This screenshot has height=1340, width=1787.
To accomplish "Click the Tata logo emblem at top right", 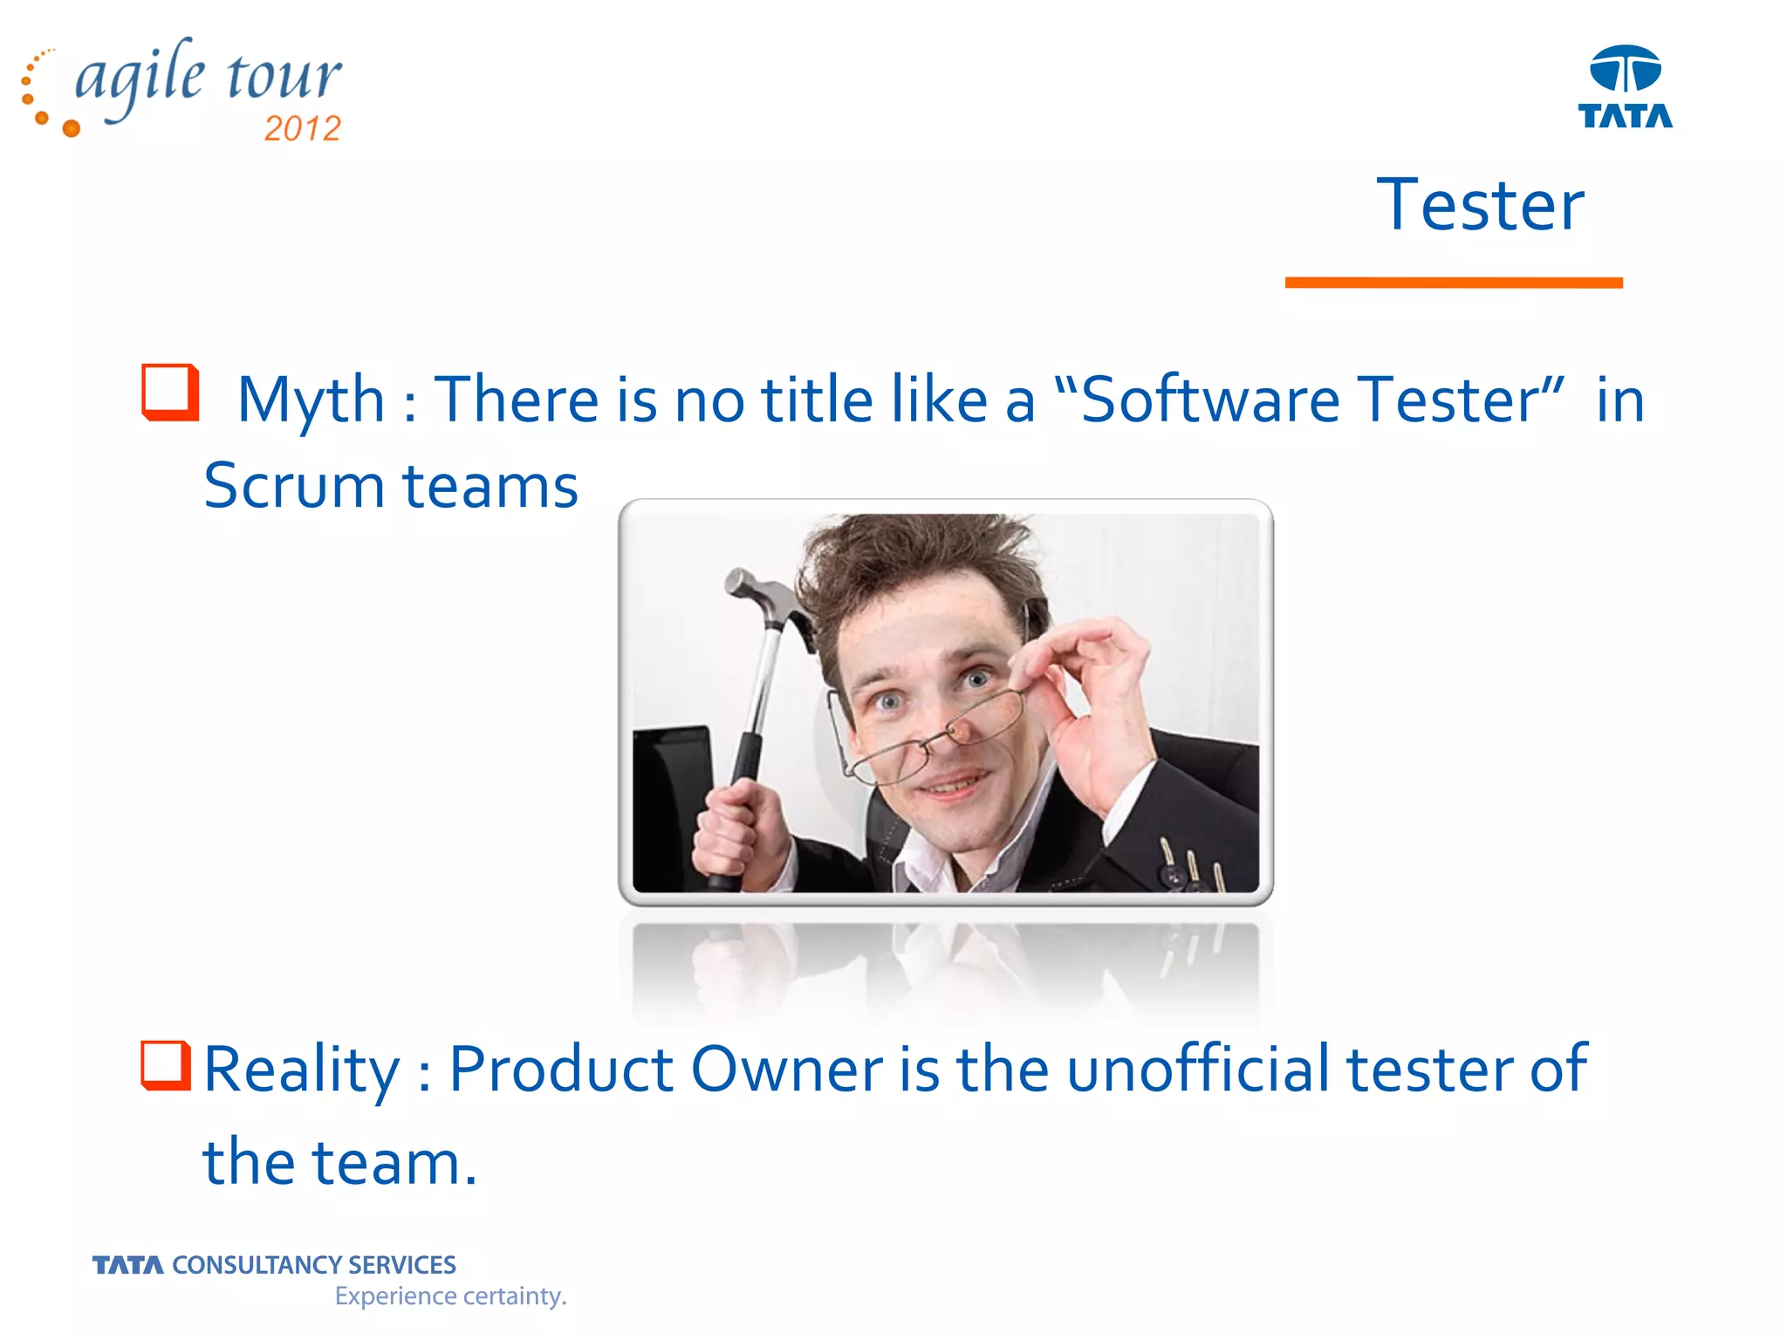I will pos(1625,69).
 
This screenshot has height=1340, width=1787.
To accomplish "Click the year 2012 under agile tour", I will pos(302,129).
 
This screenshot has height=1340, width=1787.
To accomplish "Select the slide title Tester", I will pos(1480,205).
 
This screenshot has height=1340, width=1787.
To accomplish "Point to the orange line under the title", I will pos(1453,283).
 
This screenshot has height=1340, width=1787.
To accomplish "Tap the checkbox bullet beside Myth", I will pos(170,393).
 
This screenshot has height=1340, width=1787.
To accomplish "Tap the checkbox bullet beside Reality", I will pos(165,1065).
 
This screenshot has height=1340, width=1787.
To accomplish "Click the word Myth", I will pos(311,400).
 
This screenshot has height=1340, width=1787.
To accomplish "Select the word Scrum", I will pos(293,486).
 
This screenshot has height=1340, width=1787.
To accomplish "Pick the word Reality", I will pos(301,1070).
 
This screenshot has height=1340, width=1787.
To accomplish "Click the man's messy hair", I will pos(916,558).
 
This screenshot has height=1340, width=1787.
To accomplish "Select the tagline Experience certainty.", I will pos(450,1296).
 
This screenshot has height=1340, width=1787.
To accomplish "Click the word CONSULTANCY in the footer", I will pos(257,1265).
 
